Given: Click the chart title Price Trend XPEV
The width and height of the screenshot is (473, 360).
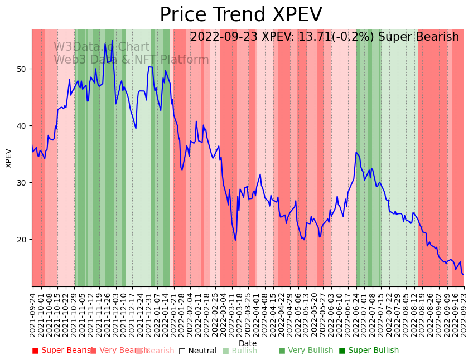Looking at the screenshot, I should (241, 15).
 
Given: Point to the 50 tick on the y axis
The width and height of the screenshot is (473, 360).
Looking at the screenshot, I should (22, 69).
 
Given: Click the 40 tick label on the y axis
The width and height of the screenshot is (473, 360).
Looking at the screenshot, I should (22, 126).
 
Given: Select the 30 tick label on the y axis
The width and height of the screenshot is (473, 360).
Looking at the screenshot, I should (22, 183).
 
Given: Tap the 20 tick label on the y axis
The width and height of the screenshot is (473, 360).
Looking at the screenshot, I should (22, 240).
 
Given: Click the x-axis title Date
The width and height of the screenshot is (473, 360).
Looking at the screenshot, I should (248, 344).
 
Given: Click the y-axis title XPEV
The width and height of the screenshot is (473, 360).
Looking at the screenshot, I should (9, 158).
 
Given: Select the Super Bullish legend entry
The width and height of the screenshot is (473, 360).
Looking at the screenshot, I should (369, 351).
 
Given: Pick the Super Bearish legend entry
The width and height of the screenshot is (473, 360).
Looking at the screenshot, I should (62, 351).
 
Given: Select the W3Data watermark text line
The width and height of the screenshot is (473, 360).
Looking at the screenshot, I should (102, 47).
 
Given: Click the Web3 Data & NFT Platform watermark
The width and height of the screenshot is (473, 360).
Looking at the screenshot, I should (131, 60).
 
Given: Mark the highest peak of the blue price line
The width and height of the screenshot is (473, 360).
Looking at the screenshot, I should (112, 40).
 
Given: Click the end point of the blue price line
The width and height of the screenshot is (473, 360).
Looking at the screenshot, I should (464, 274).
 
